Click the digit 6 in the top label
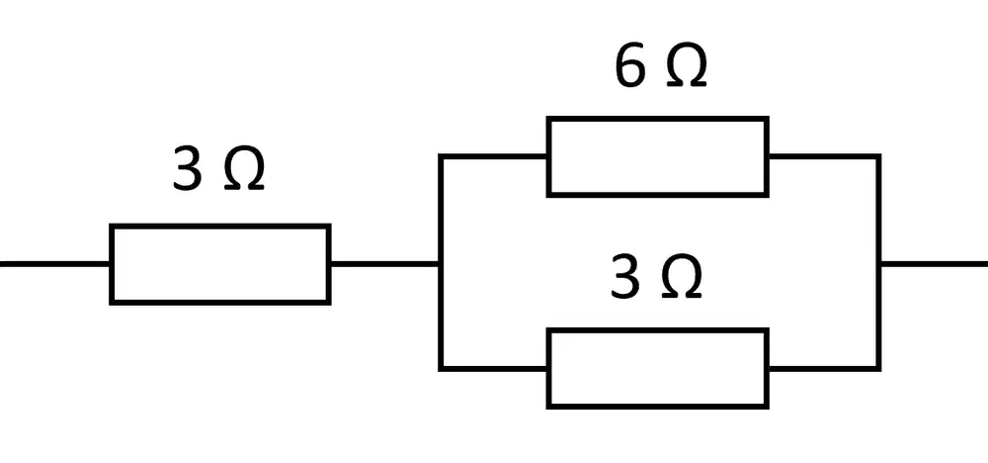pyautogui.click(x=630, y=67)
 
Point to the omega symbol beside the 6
pyautogui.click(x=686, y=67)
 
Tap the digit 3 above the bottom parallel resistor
pyautogui.click(x=625, y=279)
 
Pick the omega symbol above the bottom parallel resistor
pyautogui.click(x=681, y=279)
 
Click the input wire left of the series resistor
pyautogui.click(x=54, y=264)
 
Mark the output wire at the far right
pyautogui.click(x=934, y=264)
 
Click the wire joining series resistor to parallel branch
pyautogui.click(x=385, y=264)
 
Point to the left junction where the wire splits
pyautogui.click(x=441, y=264)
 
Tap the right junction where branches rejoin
pyautogui.click(x=879, y=264)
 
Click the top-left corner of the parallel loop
pyautogui.click(x=441, y=156)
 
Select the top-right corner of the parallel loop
pyautogui.click(x=879, y=156)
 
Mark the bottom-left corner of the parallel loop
pyautogui.click(x=441, y=368)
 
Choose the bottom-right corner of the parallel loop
pyautogui.click(x=879, y=368)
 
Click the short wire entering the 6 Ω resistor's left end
pyautogui.click(x=494, y=156)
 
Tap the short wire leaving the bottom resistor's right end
pyautogui.click(x=824, y=368)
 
